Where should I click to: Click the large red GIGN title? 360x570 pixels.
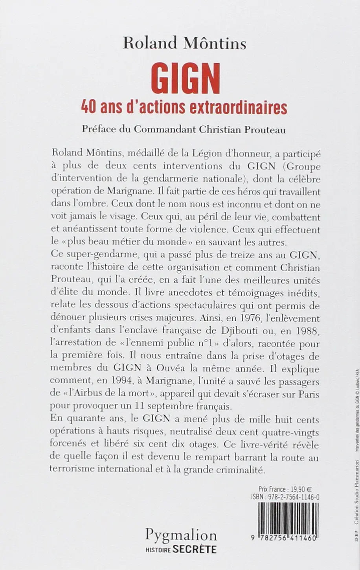click(x=185, y=80)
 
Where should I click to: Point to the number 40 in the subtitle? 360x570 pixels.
click(x=88, y=107)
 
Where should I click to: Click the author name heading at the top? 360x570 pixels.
click(x=184, y=43)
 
